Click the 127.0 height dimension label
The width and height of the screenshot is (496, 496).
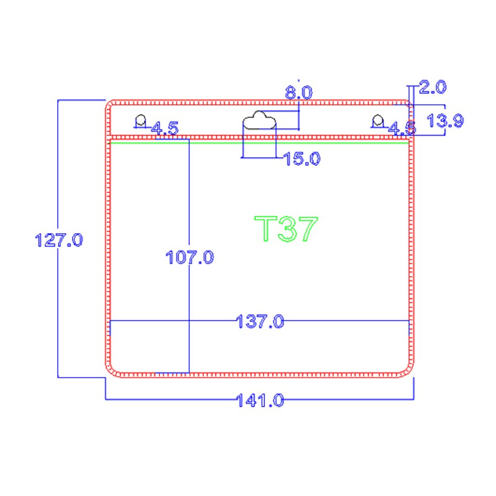point(59,240)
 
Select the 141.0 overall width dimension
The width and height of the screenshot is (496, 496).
point(260,400)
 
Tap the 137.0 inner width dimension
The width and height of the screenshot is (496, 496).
point(260,321)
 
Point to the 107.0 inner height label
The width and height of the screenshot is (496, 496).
point(190,257)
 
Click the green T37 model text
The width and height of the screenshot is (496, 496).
point(286,228)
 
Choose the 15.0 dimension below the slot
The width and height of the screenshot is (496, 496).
point(302,159)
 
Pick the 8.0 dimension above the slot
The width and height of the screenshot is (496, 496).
point(299,93)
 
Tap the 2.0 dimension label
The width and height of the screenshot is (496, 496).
point(433,87)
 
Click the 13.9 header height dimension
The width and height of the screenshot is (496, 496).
point(445,121)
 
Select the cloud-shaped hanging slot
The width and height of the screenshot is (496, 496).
point(259,120)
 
